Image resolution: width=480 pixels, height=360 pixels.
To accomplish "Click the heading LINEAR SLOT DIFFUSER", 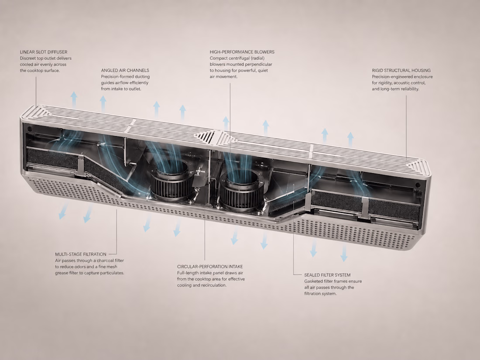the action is click(x=44, y=52).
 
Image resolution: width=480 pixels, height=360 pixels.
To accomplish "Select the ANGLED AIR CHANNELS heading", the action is click(x=125, y=70).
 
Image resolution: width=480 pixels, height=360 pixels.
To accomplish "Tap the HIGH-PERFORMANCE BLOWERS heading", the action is click(x=242, y=52).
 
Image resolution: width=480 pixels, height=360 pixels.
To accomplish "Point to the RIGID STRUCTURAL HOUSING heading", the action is click(x=401, y=70).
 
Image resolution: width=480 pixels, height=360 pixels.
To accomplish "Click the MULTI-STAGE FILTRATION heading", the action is click(x=81, y=254).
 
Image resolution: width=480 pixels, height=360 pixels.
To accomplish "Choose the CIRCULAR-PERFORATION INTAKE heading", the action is click(x=210, y=267).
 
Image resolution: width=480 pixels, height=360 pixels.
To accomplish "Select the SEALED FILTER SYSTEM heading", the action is click(x=327, y=275).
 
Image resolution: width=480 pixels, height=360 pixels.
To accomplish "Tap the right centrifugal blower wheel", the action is click(x=242, y=190).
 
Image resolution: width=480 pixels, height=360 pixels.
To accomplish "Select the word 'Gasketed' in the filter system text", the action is click(x=314, y=281).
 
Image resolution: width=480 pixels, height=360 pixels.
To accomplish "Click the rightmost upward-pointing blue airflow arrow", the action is click(x=350, y=139).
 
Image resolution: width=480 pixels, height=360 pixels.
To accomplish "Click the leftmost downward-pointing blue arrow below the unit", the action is click(x=63, y=211).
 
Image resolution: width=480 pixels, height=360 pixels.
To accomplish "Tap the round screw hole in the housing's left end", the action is click(x=30, y=129).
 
